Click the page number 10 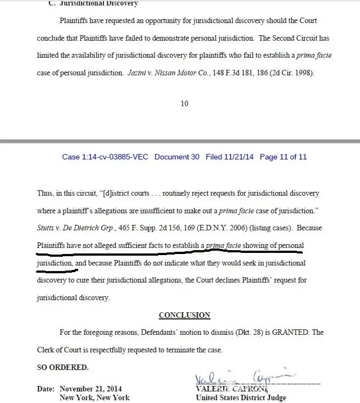point(185,103)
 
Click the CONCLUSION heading point(184,315)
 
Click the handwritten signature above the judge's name point(236,378)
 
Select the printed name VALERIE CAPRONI point(223,389)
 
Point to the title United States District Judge point(241,398)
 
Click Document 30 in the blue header point(176,157)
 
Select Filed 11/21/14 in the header point(230,157)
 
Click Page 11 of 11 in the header point(283,157)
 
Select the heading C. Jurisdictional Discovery point(93,3)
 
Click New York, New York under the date point(95,398)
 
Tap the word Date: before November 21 point(46,389)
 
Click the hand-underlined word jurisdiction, point(54,263)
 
